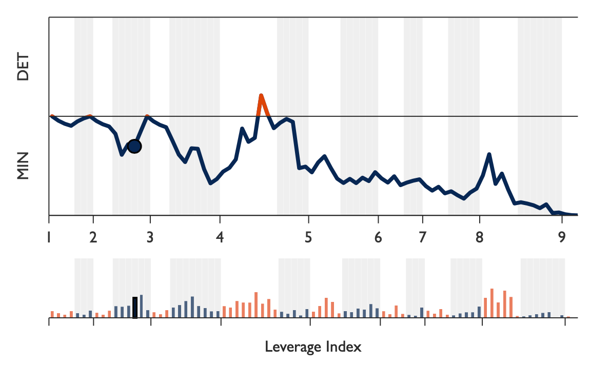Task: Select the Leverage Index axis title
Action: [x=313, y=347]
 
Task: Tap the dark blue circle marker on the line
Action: [x=134, y=146]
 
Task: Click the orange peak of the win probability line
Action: [x=261, y=96]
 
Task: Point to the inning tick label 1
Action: [x=49, y=238]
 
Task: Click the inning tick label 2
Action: [x=93, y=238]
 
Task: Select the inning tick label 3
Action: [x=150, y=238]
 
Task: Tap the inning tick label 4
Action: [x=220, y=238]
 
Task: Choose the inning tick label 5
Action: [x=308, y=238]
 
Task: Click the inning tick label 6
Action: [x=378, y=238]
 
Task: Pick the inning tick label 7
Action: [x=422, y=238]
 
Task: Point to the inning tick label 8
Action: [x=479, y=238]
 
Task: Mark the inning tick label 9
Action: [x=562, y=238]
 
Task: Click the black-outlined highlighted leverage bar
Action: [x=135, y=308]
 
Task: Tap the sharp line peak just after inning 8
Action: [x=489, y=154]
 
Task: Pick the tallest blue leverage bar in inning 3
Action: [x=192, y=307]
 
